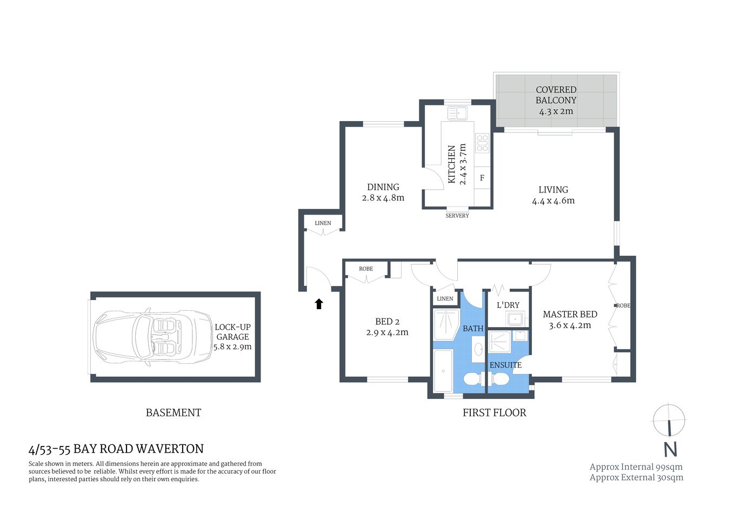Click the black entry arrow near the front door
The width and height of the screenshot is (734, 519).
(x=319, y=304)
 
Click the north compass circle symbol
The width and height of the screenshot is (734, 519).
(x=669, y=420)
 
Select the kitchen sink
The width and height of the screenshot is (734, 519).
(x=457, y=114)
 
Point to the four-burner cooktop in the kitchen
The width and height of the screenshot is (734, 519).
(x=482, y=143)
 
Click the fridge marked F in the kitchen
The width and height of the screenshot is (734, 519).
(x=482, y=178)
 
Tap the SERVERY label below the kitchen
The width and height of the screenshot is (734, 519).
(x=457, y=216)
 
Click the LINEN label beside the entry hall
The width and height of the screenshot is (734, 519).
(x=323, y=223)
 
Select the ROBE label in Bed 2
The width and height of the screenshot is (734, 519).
(x=366, y=269)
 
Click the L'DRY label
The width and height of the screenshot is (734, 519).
(x=508, y=305)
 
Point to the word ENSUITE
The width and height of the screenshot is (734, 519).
(x=505, y=365)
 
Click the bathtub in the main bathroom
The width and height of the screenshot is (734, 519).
(x=443, y=371)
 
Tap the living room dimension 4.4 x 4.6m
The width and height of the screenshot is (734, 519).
(x=553, y=201)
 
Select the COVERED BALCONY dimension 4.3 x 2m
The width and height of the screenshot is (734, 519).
(x=556, y=111)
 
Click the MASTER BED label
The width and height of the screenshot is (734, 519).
(x=570, y=314)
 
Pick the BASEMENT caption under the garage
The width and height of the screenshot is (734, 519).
(x=174, y=412)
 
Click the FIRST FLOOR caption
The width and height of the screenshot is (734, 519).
(x=494, y=412)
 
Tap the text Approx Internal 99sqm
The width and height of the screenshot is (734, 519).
(x=636, y=467)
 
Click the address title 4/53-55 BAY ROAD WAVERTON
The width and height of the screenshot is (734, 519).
(x=116, y=449)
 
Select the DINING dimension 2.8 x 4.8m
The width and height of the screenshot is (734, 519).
(x=383, y=198)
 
